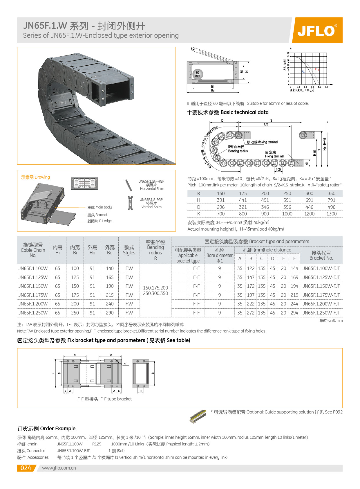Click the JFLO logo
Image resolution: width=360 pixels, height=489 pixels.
click(x=317, y=30)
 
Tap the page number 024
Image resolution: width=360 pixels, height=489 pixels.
click(x=26, y=468)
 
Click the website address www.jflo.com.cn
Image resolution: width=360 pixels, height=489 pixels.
click(x=59, y=468)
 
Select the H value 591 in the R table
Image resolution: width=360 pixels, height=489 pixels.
click(x=287, y=200)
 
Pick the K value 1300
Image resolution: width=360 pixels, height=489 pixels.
click(x=331, y=214)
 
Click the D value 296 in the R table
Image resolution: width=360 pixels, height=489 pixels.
click(x=221, y=207)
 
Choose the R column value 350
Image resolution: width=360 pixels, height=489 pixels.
click(x=331, y=193)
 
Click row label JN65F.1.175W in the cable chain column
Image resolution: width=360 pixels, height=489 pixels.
click(x=33, y=295)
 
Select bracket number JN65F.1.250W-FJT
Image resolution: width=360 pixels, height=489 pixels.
click(x=321, y=313)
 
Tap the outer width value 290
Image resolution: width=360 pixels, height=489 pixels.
click(x=110, y=313)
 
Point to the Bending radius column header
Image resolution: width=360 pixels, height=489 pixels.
click(x=155, y=250)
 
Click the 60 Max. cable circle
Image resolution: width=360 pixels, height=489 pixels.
click(x=198, y=74)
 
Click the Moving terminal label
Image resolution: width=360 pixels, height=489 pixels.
click(x=263, y=142)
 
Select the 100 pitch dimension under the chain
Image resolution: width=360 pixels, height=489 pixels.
click(x=278, y=170)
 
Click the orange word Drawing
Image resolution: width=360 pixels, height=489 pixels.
click(x=42, y=177)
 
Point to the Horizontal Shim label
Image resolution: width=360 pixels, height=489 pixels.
click(x=152, y=189)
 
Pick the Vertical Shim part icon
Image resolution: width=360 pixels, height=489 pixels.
click(x=130, y=203)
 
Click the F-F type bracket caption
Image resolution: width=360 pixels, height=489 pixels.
click(x=104, y=399)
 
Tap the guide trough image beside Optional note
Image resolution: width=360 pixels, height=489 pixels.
click(x=198, y=417)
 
